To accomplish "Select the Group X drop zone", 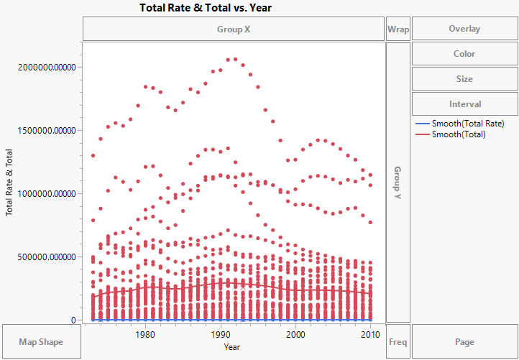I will (234, 29).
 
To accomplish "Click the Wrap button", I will (398, 29).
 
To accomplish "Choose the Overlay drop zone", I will (464, 29).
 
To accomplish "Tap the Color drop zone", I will (464, 54).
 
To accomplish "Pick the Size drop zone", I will (464, 79).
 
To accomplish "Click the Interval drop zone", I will (464, 103).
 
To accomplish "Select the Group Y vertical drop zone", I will (398, 182).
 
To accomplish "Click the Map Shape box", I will (41, 342).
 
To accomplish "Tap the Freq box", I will (398, 342).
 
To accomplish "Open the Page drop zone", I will (464, 342).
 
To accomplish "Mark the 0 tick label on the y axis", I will (72, 320).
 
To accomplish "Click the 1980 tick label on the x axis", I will (146, 334).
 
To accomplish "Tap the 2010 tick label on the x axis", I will (370, 334).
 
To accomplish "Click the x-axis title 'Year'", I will (232, 347).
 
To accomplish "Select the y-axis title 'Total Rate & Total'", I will (10, 182).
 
